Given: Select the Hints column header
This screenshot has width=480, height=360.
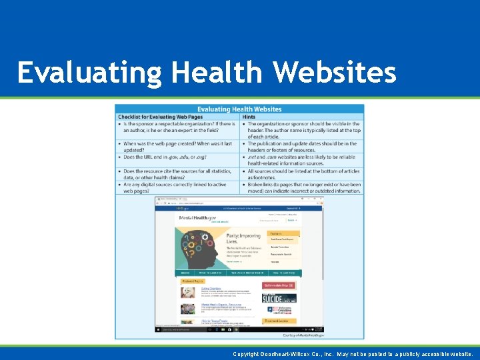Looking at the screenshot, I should point(249,117).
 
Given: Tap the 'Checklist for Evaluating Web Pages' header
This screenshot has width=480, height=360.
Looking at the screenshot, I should point(160,117).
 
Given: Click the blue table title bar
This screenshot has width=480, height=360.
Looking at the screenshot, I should point(239,109).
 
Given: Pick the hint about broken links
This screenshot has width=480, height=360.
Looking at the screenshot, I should point(303,187).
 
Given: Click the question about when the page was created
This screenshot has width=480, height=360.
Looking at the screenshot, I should point(177,146).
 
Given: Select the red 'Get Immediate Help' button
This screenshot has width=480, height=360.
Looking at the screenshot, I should point(279,285).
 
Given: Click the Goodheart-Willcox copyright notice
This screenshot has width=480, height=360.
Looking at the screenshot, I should point(353,354).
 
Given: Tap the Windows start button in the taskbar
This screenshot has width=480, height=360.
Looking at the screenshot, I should point(157,329).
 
